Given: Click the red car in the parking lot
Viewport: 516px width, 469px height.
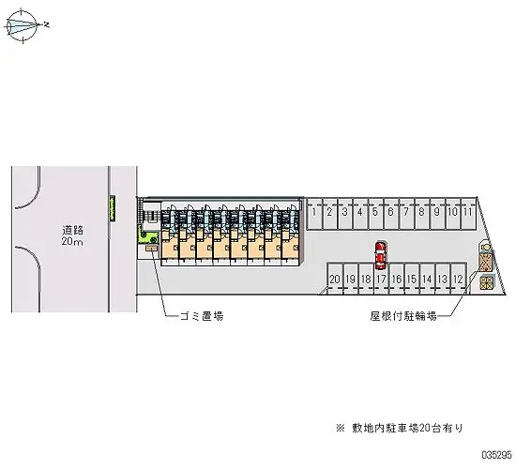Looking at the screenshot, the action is tap(381, 255).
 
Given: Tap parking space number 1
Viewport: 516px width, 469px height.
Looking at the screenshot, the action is tap(314, 214).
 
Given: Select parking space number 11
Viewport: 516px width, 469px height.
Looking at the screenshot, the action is tap(468, 214).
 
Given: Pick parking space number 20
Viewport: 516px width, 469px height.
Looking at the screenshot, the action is tap(335, 278).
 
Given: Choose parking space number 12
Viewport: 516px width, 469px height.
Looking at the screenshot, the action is tap(458, 278).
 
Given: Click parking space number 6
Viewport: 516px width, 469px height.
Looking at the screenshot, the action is tap(391, 214).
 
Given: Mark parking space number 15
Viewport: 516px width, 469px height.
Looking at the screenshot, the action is tap(412, 278).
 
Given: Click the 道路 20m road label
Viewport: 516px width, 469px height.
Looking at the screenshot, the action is tap(72, 235).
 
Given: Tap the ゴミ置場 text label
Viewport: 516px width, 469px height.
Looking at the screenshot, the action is tap(202, 316).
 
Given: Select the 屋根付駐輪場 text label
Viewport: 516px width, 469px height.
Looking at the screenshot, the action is tap(403, 316).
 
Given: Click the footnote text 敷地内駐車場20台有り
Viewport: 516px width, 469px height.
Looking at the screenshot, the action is tap(408, 428).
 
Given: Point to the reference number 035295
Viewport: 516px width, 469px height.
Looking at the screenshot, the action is tap(497, 455).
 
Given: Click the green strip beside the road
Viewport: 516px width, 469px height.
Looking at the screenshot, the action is tap(113, 208).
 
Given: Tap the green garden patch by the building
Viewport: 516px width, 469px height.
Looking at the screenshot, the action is tap(148, 236).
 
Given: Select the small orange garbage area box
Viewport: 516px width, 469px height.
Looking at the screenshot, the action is tap(152, 248).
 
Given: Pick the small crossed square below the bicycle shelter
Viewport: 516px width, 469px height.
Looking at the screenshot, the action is tap(487, 282).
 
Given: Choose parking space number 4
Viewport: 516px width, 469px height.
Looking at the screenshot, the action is tap(360, 214).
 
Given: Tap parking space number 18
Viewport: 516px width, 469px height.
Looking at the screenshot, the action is tap(366, 278).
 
